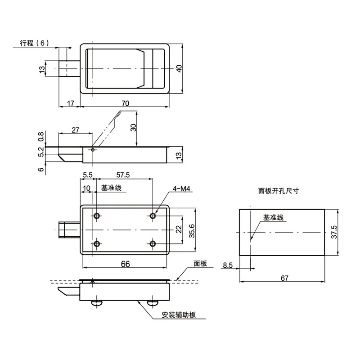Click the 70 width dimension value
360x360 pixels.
[x=126, y=103]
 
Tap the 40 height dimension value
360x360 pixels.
[x=179, y=68]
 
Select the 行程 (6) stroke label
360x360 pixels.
[x=35, y=43]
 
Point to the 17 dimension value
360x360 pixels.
[x=71, y=103]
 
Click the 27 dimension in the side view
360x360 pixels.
[x=75, y=130]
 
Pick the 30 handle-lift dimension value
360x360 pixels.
[x=133, y=127]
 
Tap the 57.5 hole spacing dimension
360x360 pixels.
[x=123, y=175]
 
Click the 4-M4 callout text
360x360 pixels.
[x=182, y=189]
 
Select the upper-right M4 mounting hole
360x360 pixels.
[x=153, y=216]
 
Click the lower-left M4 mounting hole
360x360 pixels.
[x=97, y=243]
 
